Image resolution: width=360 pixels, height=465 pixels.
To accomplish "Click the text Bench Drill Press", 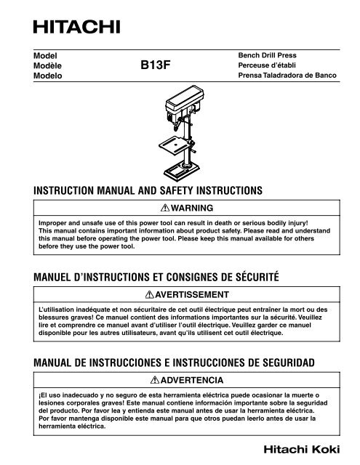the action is tap(267, 54).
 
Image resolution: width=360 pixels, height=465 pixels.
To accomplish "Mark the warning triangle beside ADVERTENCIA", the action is tap(150, 380).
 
